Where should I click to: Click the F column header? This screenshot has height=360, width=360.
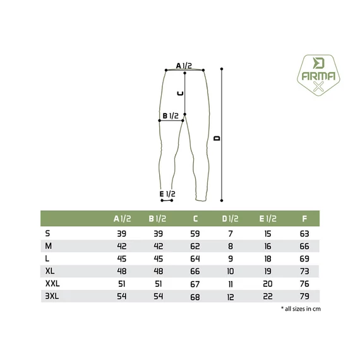(x=304, y=219)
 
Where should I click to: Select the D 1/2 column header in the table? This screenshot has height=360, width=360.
(x=230, y=219)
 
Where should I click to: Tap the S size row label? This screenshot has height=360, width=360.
(x=47, y=234)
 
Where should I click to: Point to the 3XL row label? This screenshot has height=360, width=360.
(x=52, y=296)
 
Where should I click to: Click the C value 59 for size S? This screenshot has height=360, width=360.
(x=195, y=234)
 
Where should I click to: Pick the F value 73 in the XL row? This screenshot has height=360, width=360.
(x=304, y=271)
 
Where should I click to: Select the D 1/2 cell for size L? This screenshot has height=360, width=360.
(x=231, y=259)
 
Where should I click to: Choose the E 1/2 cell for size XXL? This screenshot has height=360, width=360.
(x=268, y=284)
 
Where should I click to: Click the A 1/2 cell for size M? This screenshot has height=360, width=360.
(x=122, y=246)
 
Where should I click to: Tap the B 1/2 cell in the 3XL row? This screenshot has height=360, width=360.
(x=159, y=296)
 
